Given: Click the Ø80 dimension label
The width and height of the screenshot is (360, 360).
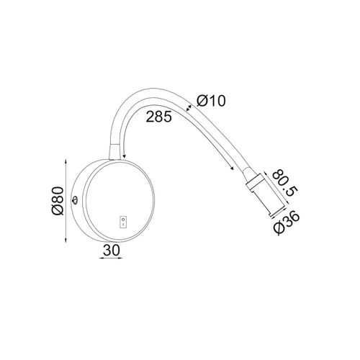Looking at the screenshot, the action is [58, 201].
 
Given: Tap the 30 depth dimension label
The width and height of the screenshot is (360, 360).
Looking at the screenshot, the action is [111, 251].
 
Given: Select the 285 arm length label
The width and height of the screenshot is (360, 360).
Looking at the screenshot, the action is [159, 117].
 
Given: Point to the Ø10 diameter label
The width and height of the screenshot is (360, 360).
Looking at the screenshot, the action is [211, 101].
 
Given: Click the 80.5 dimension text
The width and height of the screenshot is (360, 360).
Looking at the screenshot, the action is [285, 183].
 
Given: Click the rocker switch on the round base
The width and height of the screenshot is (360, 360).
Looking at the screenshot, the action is [123, 222].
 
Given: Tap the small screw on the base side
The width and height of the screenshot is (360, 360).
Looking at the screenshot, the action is [75, 200].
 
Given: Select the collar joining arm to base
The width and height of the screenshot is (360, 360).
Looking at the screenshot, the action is [114, 152].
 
